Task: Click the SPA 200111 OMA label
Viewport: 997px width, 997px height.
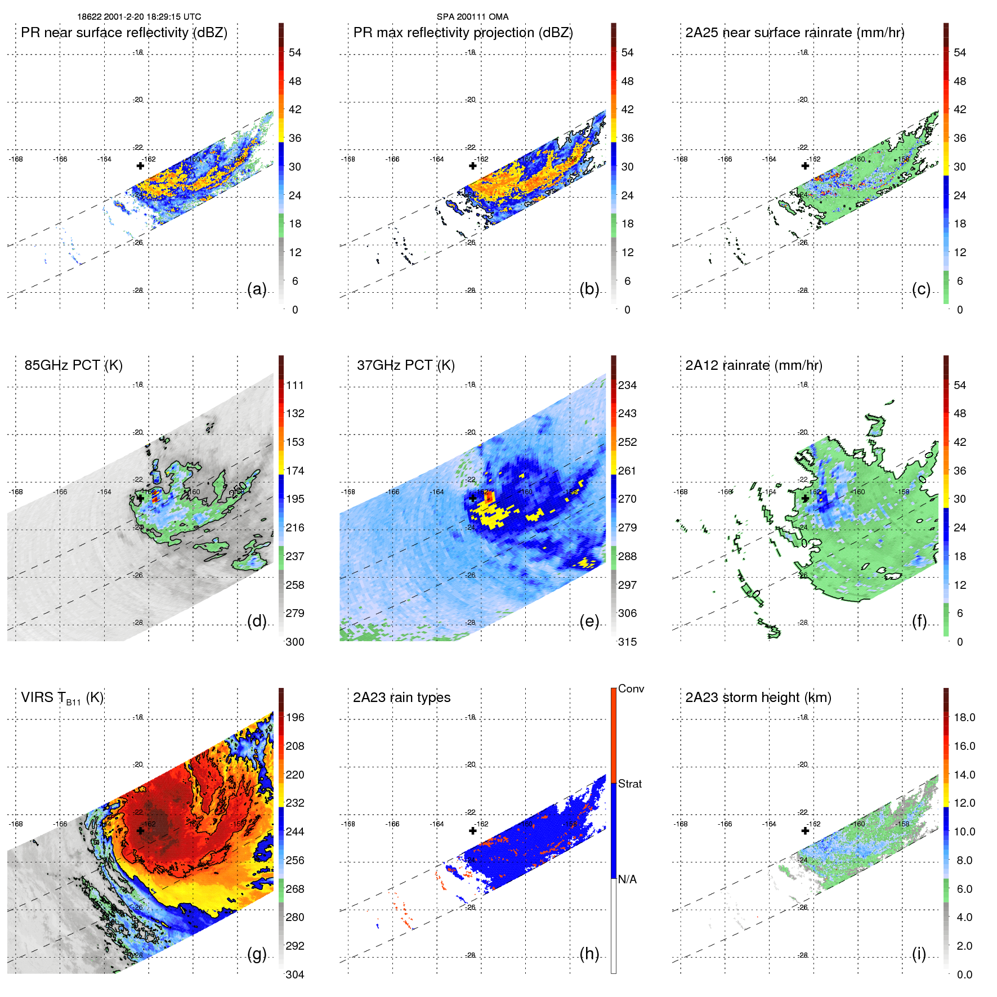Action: [x=472, y=17]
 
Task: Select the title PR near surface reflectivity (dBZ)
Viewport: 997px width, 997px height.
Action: [x=124, y=33]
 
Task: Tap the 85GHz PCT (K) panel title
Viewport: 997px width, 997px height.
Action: [x=73, y=365]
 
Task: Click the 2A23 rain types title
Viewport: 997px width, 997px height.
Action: [x=401, y=698]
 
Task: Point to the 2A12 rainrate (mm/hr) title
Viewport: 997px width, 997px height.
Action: [x=753, y=365]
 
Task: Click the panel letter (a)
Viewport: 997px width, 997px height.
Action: [x=257, y=289]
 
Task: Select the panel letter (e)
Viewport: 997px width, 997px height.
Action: [x=589, y=622]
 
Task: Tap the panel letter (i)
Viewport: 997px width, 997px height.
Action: [x=919, y=954]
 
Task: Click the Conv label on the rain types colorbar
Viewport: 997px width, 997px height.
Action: [x=631, y=689]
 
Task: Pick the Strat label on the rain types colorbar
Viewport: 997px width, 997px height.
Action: [x=629, y=784]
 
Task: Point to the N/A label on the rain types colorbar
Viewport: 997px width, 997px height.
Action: [x=627, y=879]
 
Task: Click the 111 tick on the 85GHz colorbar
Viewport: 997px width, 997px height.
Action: [x=295, y=386]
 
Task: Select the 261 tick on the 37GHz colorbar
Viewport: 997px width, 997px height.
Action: [x=627, y=471]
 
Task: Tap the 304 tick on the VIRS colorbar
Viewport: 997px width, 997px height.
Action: [x=295, y=974]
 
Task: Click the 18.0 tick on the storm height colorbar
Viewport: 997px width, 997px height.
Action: [x=964, y=718]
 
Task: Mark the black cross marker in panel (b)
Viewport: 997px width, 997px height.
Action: [x=473, y=166]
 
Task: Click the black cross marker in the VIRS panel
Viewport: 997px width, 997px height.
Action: [x=140, y=831]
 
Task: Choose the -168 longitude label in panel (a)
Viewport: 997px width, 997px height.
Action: [x=16, y=159]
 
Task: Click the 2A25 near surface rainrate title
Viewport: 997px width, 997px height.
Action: [x=794, y=33]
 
